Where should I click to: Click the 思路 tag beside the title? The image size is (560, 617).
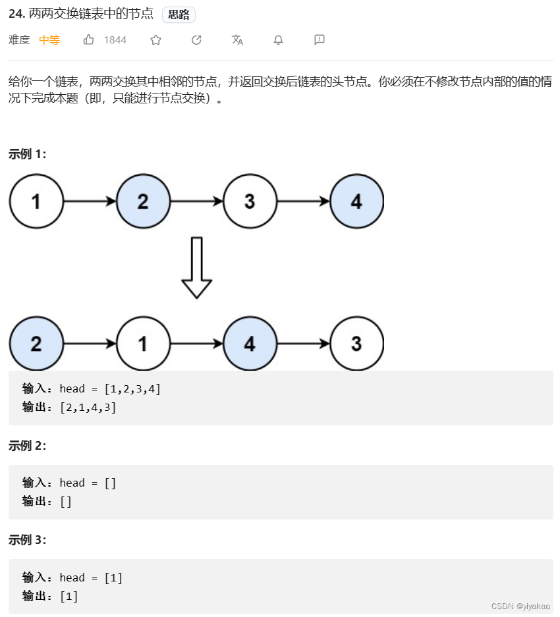click(x=179, y=15)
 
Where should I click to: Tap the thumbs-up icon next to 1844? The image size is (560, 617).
click(x=89, y=40)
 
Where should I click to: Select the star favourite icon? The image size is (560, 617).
click(x=155, y=40)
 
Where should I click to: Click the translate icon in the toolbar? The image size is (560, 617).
click(x=237, y=40)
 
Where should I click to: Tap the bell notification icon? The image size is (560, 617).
click(x=278, y=40)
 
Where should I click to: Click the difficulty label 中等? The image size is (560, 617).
click(x=49, y=40)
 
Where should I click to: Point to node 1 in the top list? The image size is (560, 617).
click(x=36, y=201)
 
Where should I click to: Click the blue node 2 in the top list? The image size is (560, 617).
click(x=143, y=201)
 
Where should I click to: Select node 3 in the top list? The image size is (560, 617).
click(x=250, y=201)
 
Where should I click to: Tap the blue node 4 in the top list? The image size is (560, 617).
click(x=356, y=201)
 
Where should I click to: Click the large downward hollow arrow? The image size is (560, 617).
click(x=196, y=267)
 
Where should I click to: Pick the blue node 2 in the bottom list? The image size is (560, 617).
click(x=36, y=344)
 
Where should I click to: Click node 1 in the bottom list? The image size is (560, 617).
click(x=143, y=344)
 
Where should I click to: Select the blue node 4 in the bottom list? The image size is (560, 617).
click(x=250, y=344)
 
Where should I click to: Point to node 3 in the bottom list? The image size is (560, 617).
click(x=356, y=344)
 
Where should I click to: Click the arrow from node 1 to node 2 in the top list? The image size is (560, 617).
click(x=90, y=201)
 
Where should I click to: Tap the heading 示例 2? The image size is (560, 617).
click(x=28, y=446)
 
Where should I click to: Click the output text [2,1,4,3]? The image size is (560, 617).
click(x=88, y=407)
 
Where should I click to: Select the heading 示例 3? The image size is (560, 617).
click(x=28, y=540)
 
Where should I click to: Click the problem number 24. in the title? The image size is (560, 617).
click(x=17, y=14)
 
